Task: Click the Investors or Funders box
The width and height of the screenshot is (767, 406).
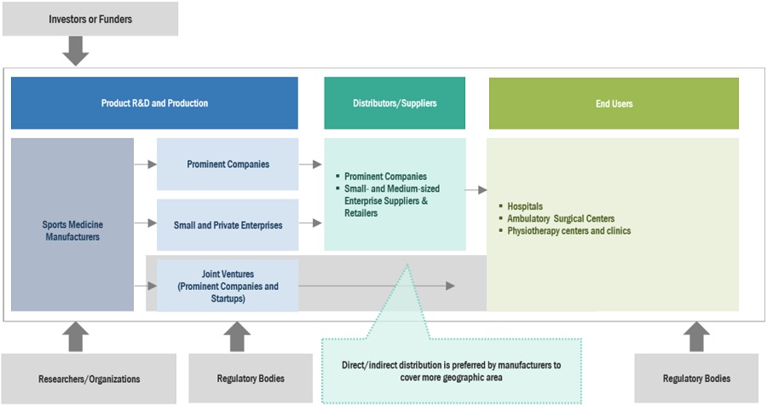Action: tap(90, 19)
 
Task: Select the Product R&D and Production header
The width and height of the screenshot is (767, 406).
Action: tap(154, 103)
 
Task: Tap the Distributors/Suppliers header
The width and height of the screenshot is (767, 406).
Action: tap(395, 103)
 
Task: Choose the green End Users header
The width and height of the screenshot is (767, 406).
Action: tap(614, 103)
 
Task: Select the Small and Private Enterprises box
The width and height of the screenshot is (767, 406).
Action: tap(228, 224)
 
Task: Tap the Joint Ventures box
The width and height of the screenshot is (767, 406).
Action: tap(228, 286)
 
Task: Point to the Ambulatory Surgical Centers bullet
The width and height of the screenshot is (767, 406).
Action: tap(560, 218)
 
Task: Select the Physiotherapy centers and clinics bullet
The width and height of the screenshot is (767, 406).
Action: tap(568, 230)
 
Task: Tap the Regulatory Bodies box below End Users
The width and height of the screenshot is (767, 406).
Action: tap(696, 378)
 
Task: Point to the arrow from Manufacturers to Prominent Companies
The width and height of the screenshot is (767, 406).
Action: tap(145, 162)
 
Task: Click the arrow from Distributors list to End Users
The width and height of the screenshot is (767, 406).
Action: tap(476, 189)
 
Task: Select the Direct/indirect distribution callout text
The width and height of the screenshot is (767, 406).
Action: tap(451, 371)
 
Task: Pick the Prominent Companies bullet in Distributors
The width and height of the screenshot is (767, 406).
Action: tap(385, 177)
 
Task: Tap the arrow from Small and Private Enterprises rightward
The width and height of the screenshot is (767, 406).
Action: tap(310, 223)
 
